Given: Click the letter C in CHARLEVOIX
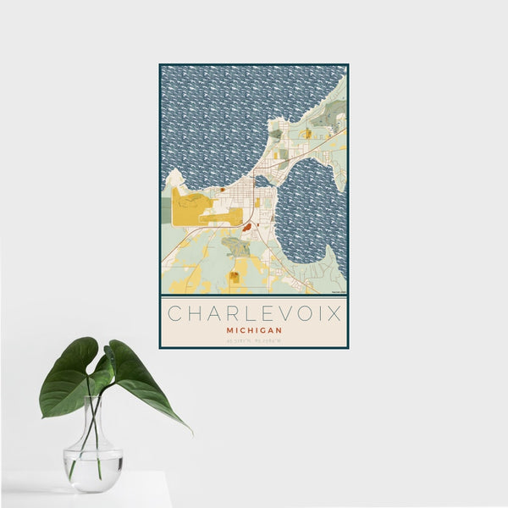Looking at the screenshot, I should [x=174, y=313].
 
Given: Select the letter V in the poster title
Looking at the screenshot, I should [x=273, y=313].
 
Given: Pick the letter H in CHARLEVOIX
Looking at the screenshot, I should [x=193, y=313].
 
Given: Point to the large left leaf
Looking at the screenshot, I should [x=68, y=377].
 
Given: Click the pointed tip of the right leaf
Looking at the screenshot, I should [x=190, y=432].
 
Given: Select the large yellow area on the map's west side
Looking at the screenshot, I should [x=191, y=208].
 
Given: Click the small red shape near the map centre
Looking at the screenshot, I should [x=246, y=227].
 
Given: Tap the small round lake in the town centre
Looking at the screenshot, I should [x=263, y=181].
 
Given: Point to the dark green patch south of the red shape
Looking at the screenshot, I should [x=237, y=247].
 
